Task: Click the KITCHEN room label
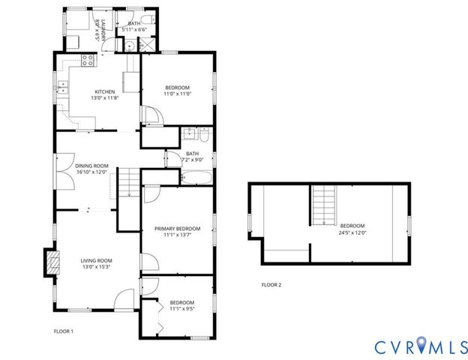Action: (104, 91)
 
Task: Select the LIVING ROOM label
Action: (97, 260)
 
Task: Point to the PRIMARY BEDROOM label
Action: (178, 228)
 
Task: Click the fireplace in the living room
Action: (52, 262)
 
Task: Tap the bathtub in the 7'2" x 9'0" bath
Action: (196, 177)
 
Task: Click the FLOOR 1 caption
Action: (63, 331)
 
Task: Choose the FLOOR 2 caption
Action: (271, 285)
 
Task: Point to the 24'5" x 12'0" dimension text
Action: (352, 232)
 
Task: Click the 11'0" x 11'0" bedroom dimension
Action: (178, 94)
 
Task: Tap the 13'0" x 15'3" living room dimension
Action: (97, 267)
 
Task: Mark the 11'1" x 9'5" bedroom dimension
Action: (181, 308)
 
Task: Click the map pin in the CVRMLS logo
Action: (425, 345)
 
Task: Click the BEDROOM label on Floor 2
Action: (352, 226)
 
